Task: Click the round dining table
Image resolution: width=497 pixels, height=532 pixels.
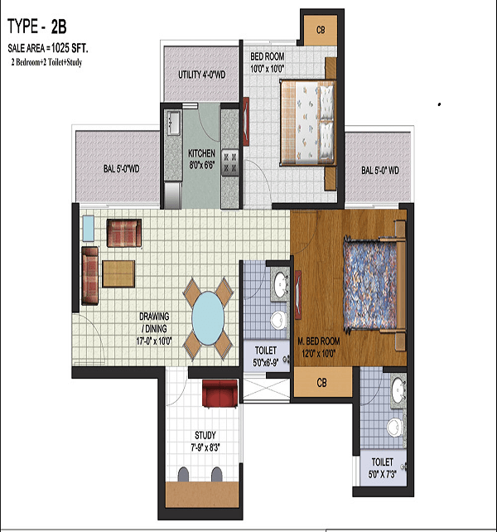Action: click(208, 318)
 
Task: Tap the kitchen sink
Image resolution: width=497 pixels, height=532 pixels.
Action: click(173, 122)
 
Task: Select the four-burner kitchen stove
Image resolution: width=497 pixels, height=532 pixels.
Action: click(229, 163)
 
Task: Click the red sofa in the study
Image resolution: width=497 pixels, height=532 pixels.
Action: click(220, 393)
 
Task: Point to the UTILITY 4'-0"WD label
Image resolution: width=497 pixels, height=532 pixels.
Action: click(202, 75)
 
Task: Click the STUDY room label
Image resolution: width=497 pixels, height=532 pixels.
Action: click(205, 435)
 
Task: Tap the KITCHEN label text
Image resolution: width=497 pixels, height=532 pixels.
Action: click(202, 153)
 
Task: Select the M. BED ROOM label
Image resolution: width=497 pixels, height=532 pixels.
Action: click(319, 341)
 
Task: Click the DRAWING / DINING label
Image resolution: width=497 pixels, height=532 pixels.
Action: click(154, 322)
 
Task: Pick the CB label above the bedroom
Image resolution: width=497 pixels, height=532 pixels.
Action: click(321, 30)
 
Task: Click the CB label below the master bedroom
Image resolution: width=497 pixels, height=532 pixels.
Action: click(321, 383)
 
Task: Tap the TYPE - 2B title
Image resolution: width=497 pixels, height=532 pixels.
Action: click(37, 27)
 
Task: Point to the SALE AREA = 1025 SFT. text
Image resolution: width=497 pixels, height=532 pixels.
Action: click(48, 49)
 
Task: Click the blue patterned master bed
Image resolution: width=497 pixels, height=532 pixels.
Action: click(369, 284)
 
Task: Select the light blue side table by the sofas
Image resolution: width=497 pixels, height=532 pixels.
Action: click(89, 229)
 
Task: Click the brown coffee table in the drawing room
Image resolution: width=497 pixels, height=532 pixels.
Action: click(118, 273)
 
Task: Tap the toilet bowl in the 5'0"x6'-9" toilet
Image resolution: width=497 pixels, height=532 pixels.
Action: click(277, 319)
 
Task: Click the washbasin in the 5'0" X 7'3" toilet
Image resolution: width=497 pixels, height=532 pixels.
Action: click(398, 388)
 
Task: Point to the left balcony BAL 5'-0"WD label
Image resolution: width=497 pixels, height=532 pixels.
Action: click(122, 168)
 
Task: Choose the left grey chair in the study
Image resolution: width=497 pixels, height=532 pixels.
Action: click(183, 474)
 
